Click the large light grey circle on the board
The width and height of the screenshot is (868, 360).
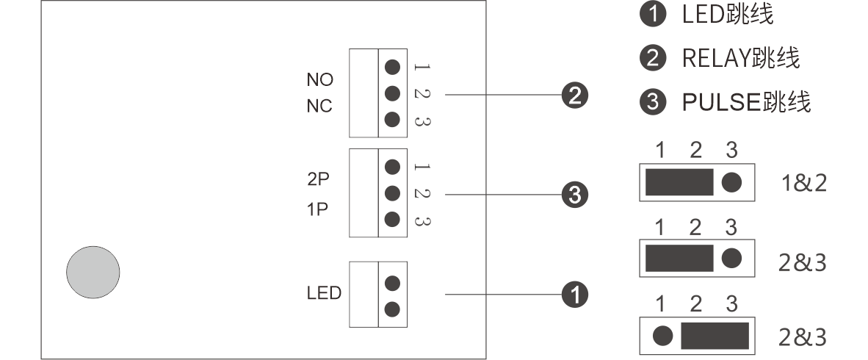pyautogui.click(x=93, y=272)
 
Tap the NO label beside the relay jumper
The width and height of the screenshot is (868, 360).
pyautogui.click(x=319, y=79)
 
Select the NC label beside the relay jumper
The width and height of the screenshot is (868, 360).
pyautogui.click(x=319, y=107)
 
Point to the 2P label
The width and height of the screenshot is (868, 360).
pyautogui.click(x=318, y=181)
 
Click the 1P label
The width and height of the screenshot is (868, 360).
pyautogui.click(x=318, y=209)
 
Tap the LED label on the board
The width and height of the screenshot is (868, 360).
pyautogui.click(x=324, y=294)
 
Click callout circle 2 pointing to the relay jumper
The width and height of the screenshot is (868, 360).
pyautogui.click(x=575, y=95)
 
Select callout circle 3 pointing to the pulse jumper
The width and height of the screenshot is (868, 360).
pyautogui.click(x=575, y=195)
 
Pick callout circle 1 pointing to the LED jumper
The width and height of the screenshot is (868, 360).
pyautogui.click(x=575, y=295)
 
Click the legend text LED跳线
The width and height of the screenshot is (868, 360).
pyautogui.click(x=727, y=14)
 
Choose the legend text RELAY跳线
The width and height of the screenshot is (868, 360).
pyautogui.click(x=740, y=58)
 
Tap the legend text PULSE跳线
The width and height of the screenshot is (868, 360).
pyautogui.click(x=745, y=102)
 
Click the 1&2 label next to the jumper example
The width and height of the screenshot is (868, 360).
pyautogui.click(x=804, y=183)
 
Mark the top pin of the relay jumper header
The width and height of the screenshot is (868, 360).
pyautogui.click(x=392, y=67)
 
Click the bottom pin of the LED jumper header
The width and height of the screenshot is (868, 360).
pyautogui.click(x=392, y=309)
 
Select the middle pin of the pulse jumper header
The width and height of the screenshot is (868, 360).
pyautogui.click(x=392, y=193)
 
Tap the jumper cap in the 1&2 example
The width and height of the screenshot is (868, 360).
pyautogui.click(x=679, y=183)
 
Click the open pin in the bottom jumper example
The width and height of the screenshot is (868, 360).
pyautogui.click(x=662, y=336)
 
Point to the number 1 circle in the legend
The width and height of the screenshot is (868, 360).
pyautogui.click(x=652, y=15)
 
